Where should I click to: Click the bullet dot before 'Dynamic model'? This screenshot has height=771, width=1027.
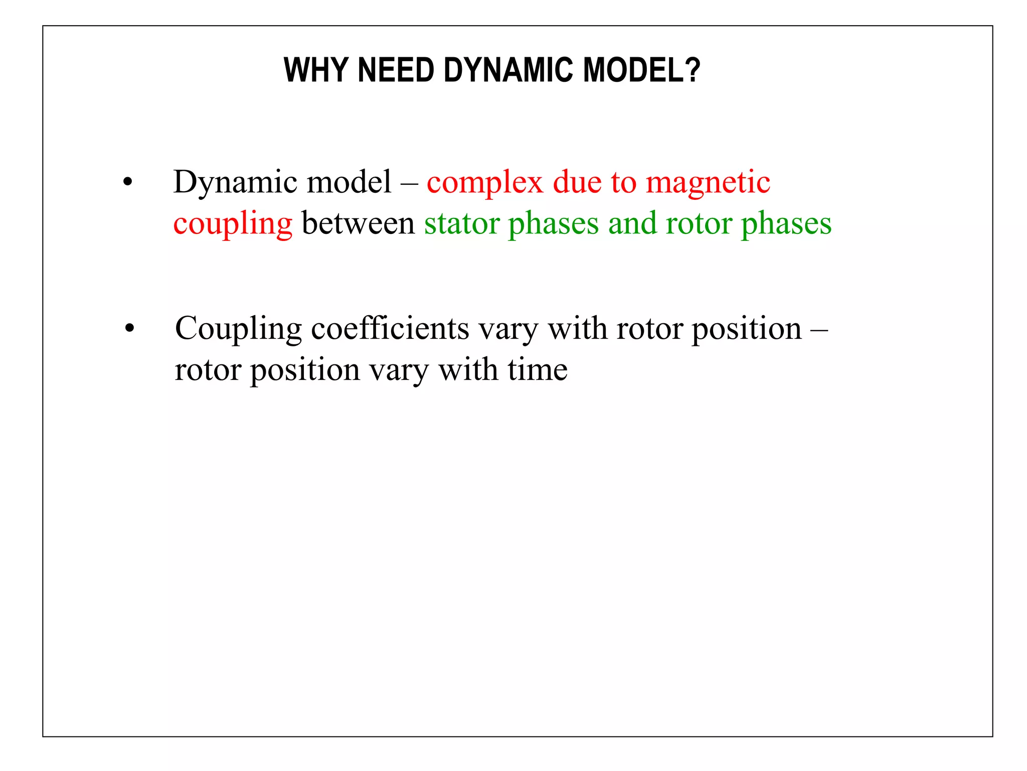click(x=128, y=183)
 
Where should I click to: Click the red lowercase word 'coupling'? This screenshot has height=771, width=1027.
click(x=233, y=224)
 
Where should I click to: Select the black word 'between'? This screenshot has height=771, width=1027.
click(x=358, y=223)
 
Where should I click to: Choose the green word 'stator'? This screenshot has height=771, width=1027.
click(x=461, y=223)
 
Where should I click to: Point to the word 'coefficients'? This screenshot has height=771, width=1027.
click(x=390, y=329)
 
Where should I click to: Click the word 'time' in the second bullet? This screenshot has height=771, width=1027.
click(x=538, y=370)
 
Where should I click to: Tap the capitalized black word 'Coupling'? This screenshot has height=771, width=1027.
click(x=238, y=330)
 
